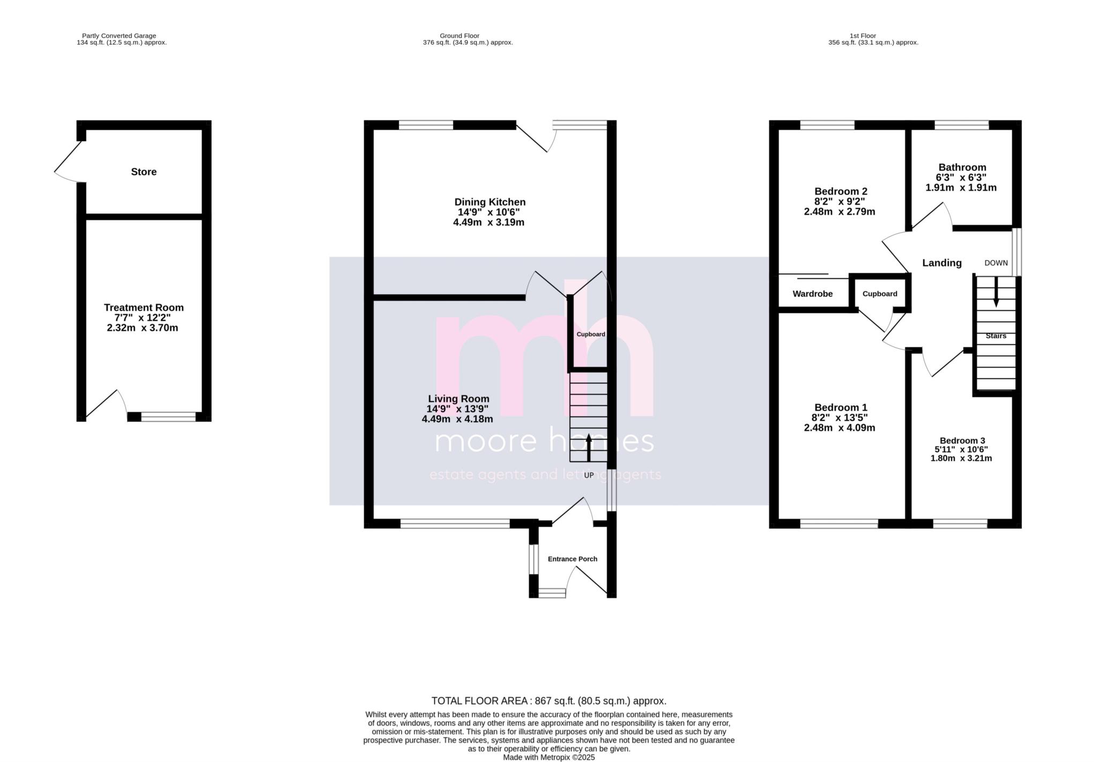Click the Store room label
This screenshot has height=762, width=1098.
144,171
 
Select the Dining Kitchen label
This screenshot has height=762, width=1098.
489,202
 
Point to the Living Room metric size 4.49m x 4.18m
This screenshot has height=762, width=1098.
457,419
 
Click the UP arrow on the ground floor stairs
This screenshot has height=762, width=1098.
589,447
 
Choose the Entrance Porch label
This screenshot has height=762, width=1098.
572,559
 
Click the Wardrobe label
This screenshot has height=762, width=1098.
812,294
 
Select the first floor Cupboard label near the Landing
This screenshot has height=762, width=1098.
880,294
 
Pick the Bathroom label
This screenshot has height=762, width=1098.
962,167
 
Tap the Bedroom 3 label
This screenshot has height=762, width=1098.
962,440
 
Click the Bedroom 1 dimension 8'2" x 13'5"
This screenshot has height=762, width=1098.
840,417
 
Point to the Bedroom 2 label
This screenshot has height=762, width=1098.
840,191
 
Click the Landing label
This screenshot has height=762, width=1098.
941,263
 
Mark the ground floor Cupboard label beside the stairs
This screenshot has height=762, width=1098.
590,334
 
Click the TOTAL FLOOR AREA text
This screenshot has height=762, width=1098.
548,701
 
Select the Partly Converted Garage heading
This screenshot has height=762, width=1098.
119,36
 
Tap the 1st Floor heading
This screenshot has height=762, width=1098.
863,36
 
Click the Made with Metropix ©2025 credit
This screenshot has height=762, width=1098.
548,758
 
